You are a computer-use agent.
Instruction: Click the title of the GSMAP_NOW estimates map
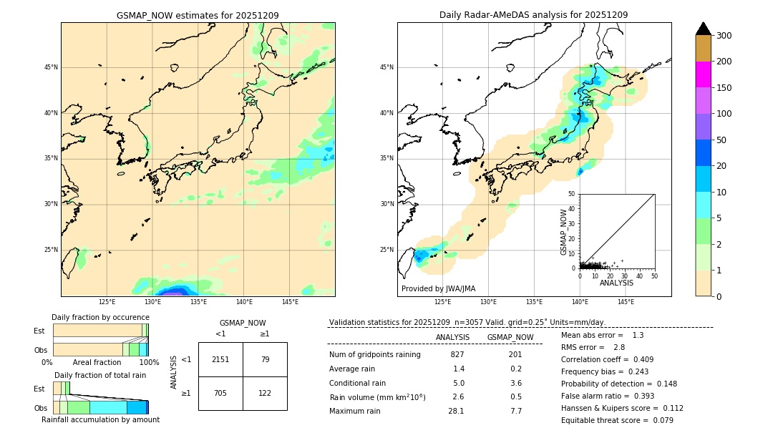[x=198, y=15]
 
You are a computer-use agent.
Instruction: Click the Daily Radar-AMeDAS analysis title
[x=533, y=15]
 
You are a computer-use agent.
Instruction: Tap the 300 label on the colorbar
[x=724, y=35]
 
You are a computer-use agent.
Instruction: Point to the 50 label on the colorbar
[x=721, y=140]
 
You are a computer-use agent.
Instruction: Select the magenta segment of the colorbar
[x=704, y=74]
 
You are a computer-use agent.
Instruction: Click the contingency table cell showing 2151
[x=220, y=359]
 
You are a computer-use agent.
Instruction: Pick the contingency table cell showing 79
[x=265, y=359]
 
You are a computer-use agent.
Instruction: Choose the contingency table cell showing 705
[x=220, y=393]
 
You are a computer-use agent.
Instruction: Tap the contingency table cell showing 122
[x=265, y=393]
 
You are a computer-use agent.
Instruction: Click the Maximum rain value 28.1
[x=456, y=411]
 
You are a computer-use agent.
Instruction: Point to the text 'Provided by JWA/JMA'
[x=438, y=288]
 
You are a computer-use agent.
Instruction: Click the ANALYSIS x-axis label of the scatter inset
[x=616, y=283]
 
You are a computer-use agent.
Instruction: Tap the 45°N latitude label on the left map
[x=51, y=67]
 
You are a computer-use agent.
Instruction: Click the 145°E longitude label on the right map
[x=626, y=302]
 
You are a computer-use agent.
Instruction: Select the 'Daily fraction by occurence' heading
[x=99, y=317]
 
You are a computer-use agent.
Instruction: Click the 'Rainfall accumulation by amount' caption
[x=100, y=419]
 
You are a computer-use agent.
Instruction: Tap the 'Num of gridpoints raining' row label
[x=375, y=354]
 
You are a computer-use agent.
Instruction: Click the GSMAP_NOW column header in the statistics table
[x=510, y=337]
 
